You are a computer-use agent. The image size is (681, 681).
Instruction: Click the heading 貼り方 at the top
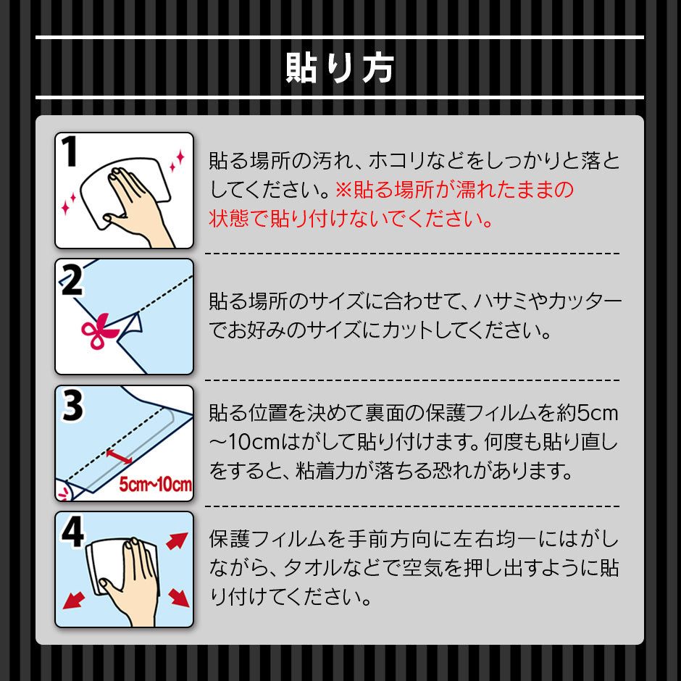click(x=340, y=68)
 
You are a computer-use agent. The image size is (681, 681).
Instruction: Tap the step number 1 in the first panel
click(x=70, y=151)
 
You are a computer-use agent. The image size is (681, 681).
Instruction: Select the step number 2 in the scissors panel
click(x=71, y=280)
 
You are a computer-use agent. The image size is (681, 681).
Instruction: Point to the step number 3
click(x=72, y=405)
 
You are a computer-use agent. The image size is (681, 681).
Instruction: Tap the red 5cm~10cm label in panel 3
click(x=156, y=484)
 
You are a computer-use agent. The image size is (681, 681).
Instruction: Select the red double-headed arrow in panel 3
click(x=120, y=457)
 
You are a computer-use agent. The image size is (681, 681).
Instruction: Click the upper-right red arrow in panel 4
click(x=177, y=541)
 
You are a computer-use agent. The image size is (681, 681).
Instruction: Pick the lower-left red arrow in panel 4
click(x=73, y=600)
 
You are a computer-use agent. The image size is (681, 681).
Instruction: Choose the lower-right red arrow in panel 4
click(x=178, y=597)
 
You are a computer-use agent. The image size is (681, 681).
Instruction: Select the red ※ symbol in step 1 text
click(x=343, y=191)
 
